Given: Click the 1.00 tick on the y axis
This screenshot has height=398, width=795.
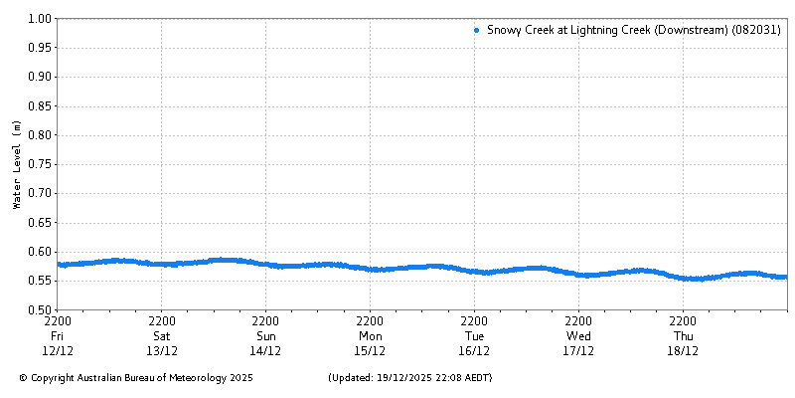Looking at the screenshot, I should coord(40,18).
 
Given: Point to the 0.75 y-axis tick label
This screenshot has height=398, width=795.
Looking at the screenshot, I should coord(40,164).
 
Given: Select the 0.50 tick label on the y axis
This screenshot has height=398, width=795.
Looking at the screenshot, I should coord(40,309).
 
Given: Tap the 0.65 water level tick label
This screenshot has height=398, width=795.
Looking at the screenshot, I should coord(40,222).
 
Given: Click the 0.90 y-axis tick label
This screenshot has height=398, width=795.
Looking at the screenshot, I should coord(40,77).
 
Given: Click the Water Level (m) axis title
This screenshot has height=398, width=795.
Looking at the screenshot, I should coord(16,164).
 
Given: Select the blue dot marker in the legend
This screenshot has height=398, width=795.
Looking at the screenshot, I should coord(477,31).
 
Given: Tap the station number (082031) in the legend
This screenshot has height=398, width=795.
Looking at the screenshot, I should coord(756,31).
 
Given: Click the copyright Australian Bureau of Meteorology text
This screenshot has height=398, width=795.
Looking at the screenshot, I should coord(136,378).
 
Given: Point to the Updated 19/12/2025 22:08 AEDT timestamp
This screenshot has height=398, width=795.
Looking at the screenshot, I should coord(409,378).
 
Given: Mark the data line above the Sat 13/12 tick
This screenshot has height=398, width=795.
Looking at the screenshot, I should coord(162,264).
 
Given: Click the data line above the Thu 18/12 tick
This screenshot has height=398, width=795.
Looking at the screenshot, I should coord(683,278).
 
